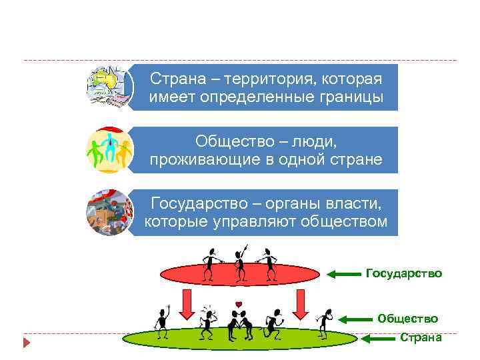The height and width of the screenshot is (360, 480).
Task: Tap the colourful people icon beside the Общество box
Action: click(x=109, y=150)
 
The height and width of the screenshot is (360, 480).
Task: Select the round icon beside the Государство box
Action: click(x=109, y=212)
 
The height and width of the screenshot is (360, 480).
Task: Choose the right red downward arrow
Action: click(x=300, y=305)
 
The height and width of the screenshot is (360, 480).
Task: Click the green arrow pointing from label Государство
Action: click(x=346, y=274)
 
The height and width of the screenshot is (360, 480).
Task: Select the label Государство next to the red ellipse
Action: click(x=404, y=273)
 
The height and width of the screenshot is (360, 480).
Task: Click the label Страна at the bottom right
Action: click(x=421, y=337)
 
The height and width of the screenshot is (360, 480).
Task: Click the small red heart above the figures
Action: click(x=238, y=305)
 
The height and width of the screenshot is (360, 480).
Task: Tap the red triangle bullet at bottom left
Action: click(x=27, y=343)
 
